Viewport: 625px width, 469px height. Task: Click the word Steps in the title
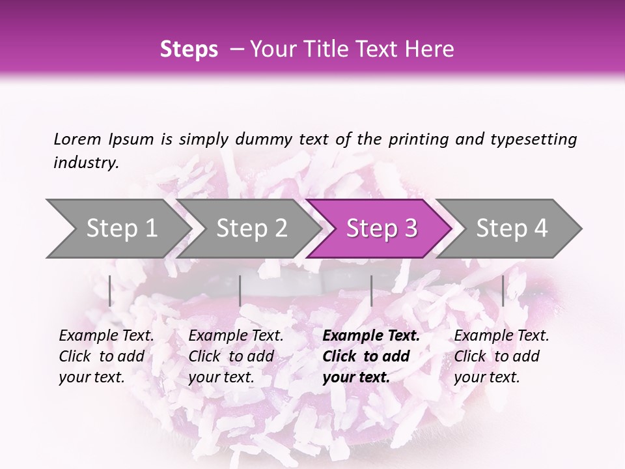click(189, 50)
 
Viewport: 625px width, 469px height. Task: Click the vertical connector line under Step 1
click(110, 291)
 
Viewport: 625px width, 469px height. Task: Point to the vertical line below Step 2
click(240, 291)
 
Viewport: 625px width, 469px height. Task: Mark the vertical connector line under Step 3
click(371, 291)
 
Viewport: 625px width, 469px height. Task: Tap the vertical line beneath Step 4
click(503, 291)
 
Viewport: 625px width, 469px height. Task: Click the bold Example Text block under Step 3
click(371, 356)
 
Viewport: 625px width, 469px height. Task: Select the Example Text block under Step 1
click(106, 356)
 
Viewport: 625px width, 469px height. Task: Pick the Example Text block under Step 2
click(236, 356)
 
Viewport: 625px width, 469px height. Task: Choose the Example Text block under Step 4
click(501, 356)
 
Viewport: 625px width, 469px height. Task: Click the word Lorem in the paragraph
click(77, 139)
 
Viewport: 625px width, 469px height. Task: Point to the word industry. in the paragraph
click(86, 163)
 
